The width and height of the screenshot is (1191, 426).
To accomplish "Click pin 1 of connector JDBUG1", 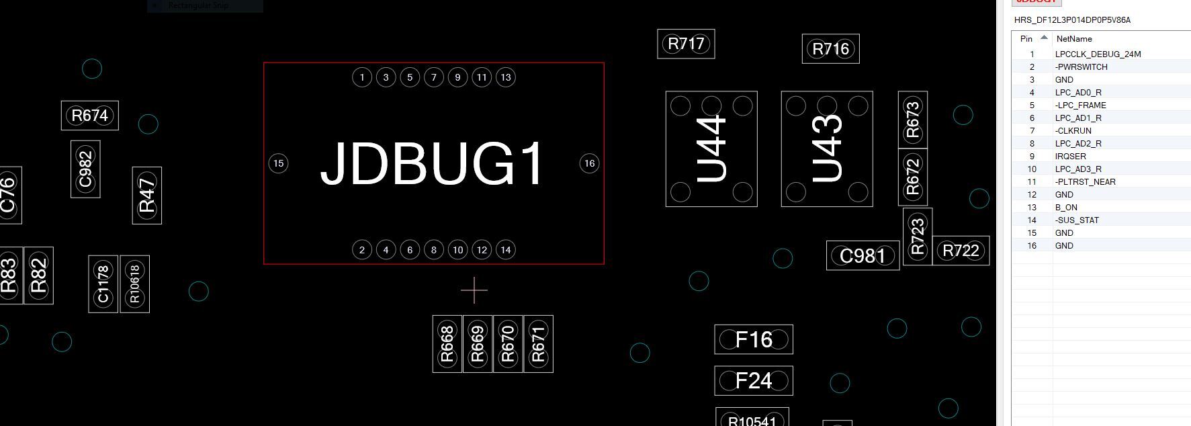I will [362, 77].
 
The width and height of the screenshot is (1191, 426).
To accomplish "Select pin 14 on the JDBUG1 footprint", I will [506, 250].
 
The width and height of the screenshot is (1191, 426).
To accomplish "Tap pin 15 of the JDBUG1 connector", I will [278, 163].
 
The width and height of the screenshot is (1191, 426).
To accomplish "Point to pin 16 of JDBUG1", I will [589, 163].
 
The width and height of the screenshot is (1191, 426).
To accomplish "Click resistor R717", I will [686, 44].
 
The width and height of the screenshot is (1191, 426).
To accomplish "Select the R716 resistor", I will [830, 49].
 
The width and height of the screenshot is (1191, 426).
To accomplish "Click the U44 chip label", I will [711, 148].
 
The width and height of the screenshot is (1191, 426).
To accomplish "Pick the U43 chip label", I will [827, 148].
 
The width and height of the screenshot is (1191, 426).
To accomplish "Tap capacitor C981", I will [863, 256].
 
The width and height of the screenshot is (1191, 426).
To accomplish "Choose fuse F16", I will [754, 340].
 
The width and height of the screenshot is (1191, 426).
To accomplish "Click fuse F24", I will [754, 381].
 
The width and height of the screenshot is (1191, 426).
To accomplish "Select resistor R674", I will [89, 116].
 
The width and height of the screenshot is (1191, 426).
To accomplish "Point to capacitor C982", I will [85, 169].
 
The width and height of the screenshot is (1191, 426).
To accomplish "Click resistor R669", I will [477, 344].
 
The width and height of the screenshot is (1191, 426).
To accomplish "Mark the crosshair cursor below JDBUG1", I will [474, 290].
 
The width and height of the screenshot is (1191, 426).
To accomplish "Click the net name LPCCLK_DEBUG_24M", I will [1098, 54].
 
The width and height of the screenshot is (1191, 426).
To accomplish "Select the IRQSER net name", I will [1070, 157].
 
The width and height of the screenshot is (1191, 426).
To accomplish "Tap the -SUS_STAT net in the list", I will [1077, 220].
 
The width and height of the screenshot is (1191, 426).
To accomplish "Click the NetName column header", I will [1073, 39].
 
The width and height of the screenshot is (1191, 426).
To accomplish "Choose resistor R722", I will [961, 251].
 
